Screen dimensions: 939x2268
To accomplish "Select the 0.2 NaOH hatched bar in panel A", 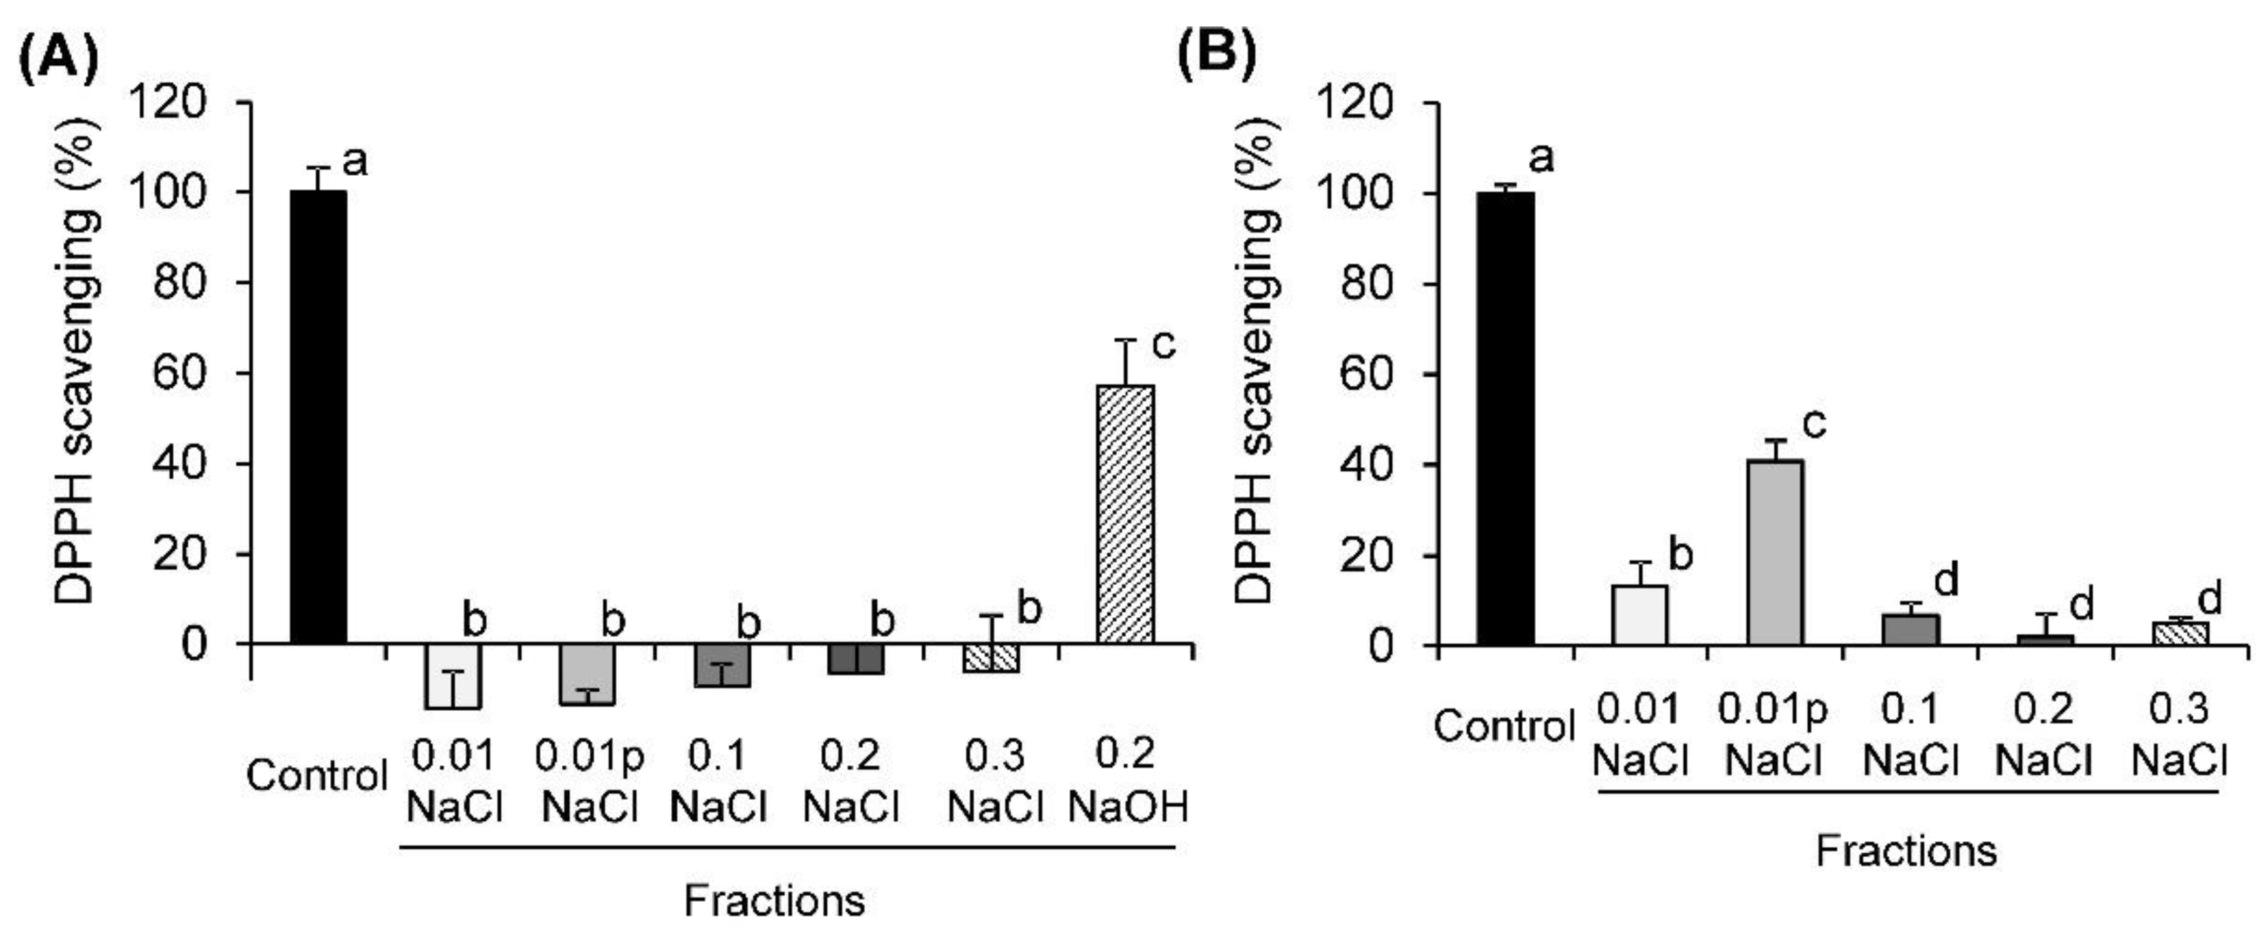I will (x=1126, y=514).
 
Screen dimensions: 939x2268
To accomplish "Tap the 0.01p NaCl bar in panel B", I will (x=1776, y=552).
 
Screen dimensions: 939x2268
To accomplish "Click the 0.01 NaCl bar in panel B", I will (x=1640, y=615).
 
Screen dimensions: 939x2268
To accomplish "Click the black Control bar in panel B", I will (x=1505, y=419).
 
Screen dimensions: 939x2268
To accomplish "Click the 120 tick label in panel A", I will (x=167, y=104).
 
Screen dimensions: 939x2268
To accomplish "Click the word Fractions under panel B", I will (x=1906, y=851).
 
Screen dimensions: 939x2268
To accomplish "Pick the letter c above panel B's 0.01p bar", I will (x=1814, y=425).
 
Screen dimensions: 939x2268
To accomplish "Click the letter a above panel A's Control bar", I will (x=354, y=161).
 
